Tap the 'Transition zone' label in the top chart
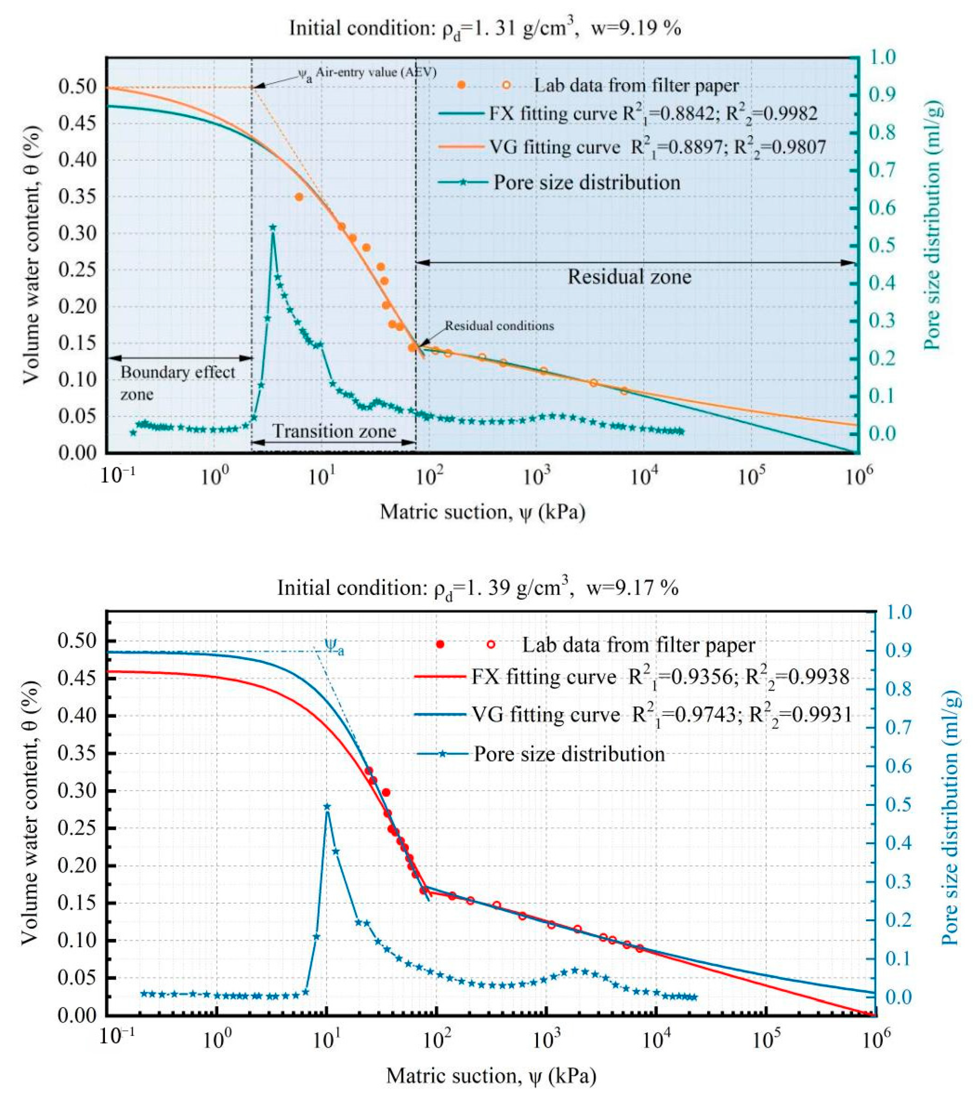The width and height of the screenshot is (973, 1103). click(334, 431)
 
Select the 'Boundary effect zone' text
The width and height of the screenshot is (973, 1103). click(177, 383)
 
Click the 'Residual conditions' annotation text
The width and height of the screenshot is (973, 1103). click(499, 326)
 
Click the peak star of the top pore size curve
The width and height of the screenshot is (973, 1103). click(273, 228)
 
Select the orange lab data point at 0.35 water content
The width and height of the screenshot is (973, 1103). click(299, 197)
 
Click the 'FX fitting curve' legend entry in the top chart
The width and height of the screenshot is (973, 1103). click(626, 114)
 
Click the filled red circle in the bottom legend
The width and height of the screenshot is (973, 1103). click(441, 644)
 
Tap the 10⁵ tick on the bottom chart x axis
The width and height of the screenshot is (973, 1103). click(765, 1039)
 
